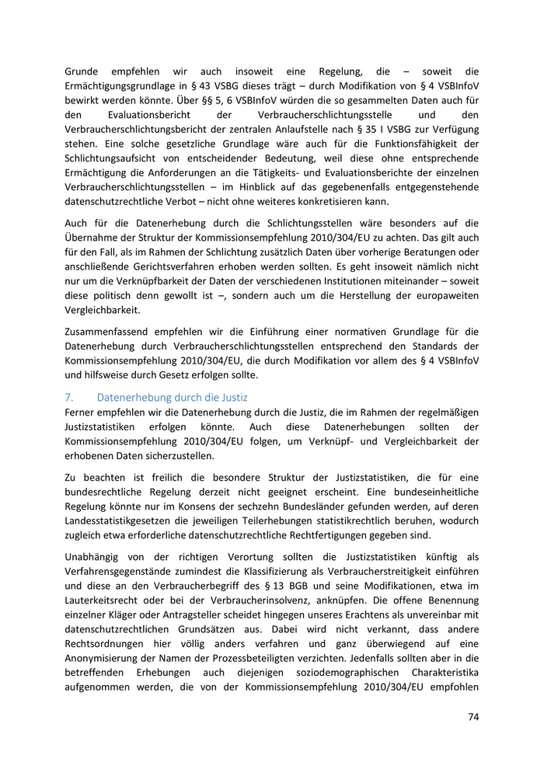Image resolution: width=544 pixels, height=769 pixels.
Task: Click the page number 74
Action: pyautogui.click(x=473, y=716)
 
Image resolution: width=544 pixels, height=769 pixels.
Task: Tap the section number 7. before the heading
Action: pyautogui.click(x=68, y=397)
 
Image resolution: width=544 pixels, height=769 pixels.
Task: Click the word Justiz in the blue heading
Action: pyautogui.click(x=232, y=397)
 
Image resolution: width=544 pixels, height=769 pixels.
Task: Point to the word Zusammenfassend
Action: pyautogui.click(x=110, y=329)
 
